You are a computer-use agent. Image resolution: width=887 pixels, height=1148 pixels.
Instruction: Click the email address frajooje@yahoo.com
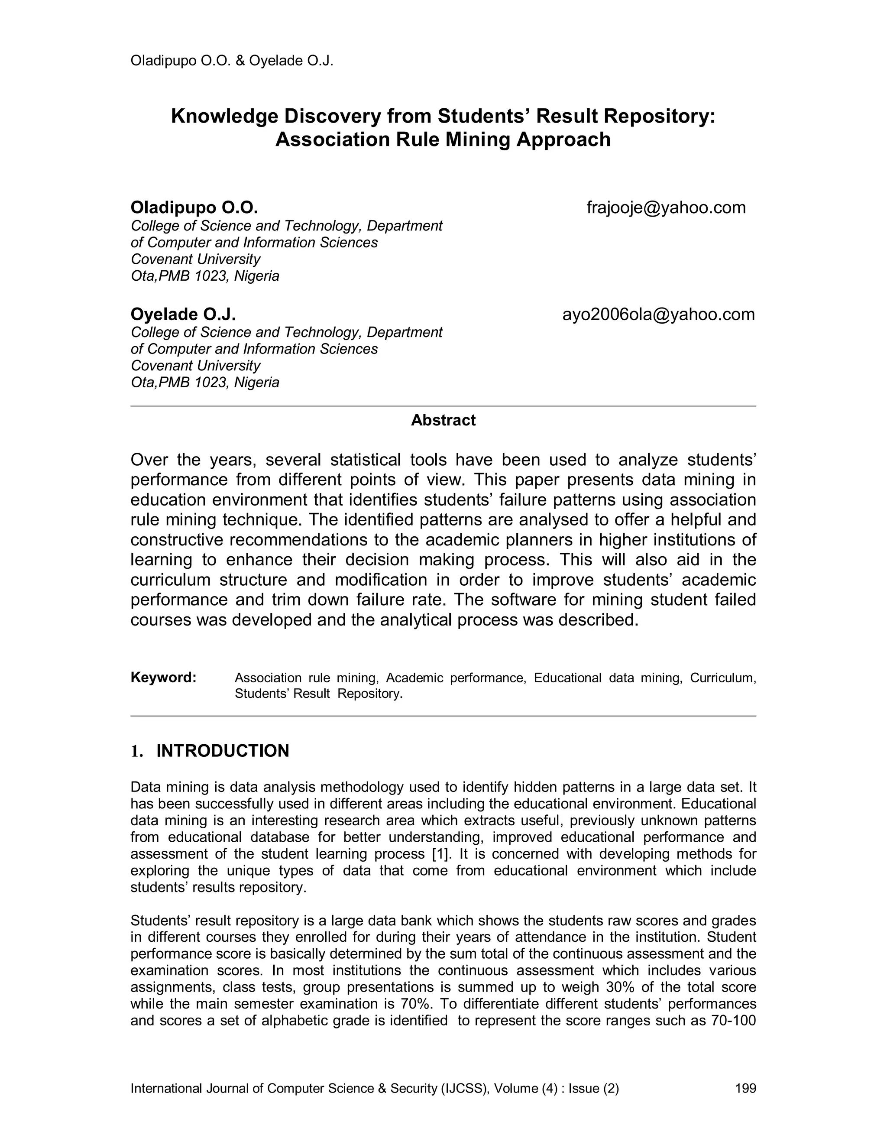coord(666,208)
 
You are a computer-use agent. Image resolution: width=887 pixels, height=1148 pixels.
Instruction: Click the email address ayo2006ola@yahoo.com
coord(658,315)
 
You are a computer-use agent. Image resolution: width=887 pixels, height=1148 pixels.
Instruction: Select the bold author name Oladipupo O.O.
coord(194,208)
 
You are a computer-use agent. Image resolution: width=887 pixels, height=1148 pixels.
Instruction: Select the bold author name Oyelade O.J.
coord(183,315)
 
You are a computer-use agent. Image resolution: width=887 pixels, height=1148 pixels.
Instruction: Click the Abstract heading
coord(443,420)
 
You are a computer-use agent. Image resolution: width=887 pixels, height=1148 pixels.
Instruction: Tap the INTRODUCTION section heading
coord(222,751)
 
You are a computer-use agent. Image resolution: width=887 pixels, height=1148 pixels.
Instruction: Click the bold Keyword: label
coord(163,678)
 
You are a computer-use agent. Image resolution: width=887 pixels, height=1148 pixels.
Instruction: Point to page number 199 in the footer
coord(745,1088)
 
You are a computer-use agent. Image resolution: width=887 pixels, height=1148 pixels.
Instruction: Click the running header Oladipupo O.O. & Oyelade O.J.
coord(232,61)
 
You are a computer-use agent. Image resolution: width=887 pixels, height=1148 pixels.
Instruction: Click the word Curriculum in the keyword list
coord(722,678)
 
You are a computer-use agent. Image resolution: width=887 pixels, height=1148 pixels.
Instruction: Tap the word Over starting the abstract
coord(149,460)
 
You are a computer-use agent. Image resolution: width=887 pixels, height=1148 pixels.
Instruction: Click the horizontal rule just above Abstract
coord(443,406)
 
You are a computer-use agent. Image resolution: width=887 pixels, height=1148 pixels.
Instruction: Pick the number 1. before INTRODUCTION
coord(136,751)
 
